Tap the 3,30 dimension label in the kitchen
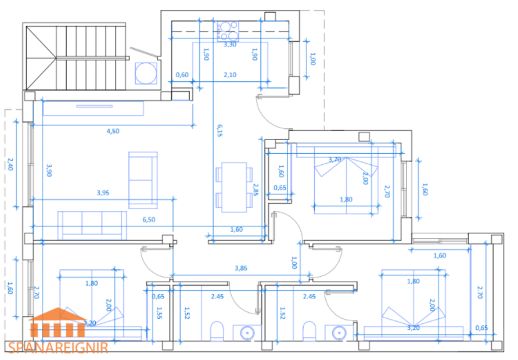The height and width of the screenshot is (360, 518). [x=230, y=44]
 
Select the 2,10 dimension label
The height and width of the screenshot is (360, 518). [x=230, y=75]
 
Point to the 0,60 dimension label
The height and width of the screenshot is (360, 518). [x=182, y=75]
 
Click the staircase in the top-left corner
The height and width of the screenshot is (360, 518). [x=75, y=56]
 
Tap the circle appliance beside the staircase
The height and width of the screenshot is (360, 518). [x=145, y=73]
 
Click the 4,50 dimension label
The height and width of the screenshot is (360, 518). [x=113, y=131]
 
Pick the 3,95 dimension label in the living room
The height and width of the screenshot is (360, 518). [x=103, y=193]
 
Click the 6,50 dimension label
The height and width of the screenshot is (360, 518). [x=149, y=219]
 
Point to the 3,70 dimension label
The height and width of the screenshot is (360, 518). [x=334, y=159]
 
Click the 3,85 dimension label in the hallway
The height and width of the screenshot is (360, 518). [x=241, y=268]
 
